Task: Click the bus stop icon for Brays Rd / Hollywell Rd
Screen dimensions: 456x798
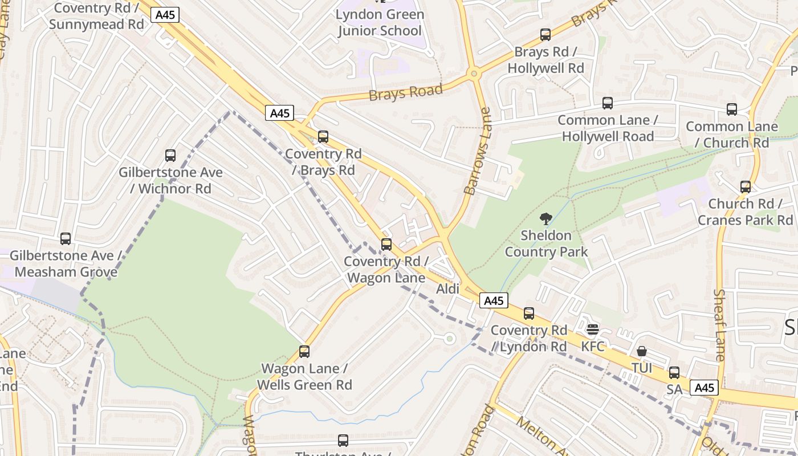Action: point(545,35)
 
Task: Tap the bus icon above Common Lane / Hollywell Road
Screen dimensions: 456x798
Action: point(608,103)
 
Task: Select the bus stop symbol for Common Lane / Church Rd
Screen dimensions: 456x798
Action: point(732,109)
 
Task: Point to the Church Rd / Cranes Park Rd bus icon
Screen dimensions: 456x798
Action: point(746,187)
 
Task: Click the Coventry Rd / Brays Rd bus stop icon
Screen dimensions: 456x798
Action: point(323,137)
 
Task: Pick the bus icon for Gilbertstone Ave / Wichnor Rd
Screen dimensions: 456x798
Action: point(170,155)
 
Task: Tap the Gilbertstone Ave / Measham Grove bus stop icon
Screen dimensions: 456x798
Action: point(66,239)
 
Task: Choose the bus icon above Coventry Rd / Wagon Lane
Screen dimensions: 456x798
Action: point(386,245)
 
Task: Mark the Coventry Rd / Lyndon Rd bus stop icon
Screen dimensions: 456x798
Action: point(529,313)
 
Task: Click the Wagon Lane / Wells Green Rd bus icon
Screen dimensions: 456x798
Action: point(304,352)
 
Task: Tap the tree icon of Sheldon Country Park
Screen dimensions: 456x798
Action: point(546,219)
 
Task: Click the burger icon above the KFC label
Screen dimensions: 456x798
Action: point(593,329)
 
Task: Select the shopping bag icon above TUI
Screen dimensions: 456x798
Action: point(642,351)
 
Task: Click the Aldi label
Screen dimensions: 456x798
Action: point(447,289)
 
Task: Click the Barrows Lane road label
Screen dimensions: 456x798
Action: point(478,152)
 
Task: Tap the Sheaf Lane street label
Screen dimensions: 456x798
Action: point(719,325)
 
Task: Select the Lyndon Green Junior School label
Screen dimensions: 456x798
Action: point(380,23)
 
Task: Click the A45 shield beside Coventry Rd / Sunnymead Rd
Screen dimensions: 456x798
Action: point(165,15)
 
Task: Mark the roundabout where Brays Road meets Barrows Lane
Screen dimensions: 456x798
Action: point(473,73)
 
